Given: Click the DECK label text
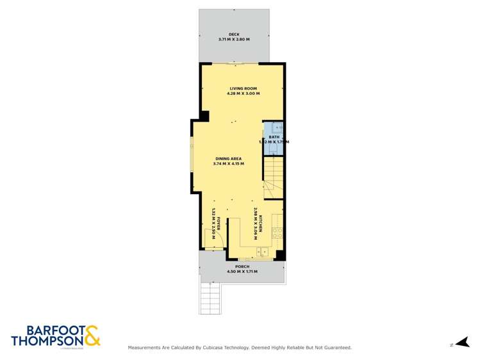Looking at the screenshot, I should pos(234,35).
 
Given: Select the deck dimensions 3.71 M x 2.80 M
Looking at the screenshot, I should pos(234,40).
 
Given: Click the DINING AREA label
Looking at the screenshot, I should pos(228,158).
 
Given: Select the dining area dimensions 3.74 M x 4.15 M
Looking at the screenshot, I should pos(228,163).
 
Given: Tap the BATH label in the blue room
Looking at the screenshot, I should pos(274,136).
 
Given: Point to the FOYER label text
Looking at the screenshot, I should pos(218,224).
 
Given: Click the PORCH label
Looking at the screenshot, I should pos(242,266).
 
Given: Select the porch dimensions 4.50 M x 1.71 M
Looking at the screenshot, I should pos(242,272).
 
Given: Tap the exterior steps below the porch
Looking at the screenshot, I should pos(210,298).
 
